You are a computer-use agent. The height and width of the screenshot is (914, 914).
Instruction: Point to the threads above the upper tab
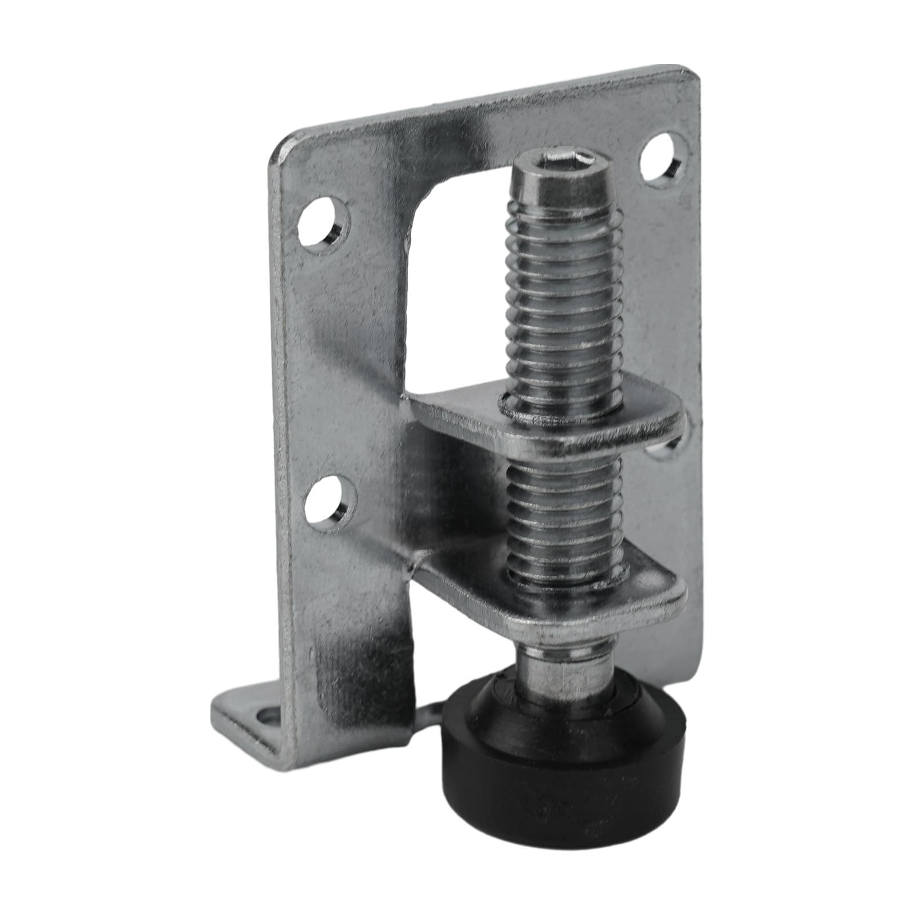pyautogui.click(x=563, y=297)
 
